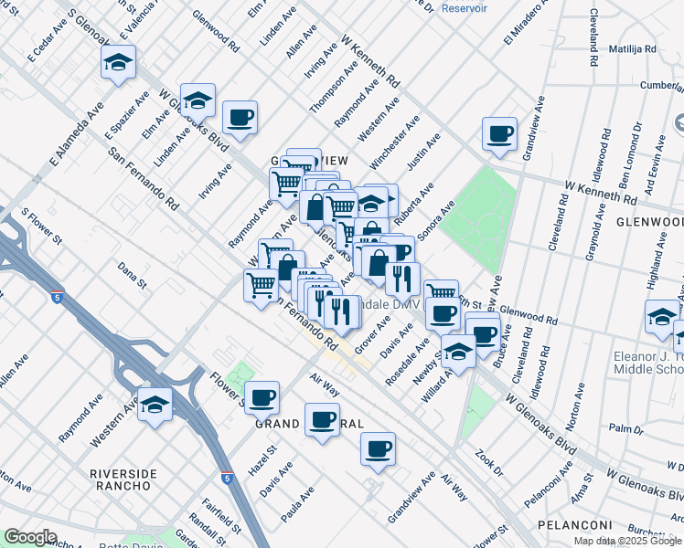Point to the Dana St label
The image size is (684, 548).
[x=133, y=276]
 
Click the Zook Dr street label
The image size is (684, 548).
[x=489, y=462]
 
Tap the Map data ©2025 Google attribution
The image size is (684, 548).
[x=626, y=541]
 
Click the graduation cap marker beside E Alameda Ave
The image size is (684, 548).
[x=118, y=62]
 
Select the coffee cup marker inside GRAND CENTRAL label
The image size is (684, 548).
[x=322, y=420]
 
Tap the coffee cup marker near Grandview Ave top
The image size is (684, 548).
[x=499, y=133]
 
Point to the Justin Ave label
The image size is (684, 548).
[x=424, y=152]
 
